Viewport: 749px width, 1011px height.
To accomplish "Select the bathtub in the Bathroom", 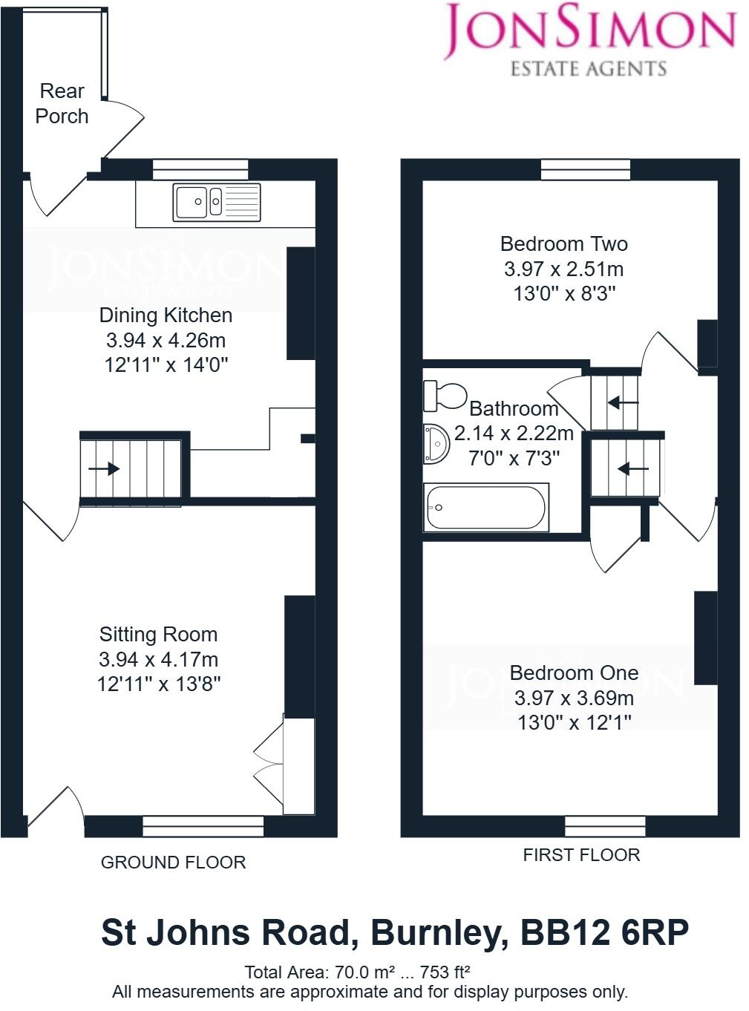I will (x=486, y=508).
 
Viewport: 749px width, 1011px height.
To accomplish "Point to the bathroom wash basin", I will (x=436, y=444).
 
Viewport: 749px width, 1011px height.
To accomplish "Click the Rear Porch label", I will (x=62, y=104).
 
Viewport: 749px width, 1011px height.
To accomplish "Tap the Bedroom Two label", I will (x=563, y=244).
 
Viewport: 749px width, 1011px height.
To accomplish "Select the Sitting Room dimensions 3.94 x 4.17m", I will (x=158, y=659).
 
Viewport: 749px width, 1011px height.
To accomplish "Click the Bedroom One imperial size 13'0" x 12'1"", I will (x=574, y=722).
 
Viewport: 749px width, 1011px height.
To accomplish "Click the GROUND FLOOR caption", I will (x=173, y=863).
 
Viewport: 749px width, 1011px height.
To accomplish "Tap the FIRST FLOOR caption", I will (x=581, y=855).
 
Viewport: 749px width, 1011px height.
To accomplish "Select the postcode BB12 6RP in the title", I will (x=604, y=932).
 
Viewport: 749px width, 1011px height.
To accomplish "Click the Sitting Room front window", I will (x=203, y=826).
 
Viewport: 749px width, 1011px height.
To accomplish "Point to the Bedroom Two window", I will (x=586, y=170).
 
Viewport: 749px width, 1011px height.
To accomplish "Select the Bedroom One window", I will (x=605, y=826).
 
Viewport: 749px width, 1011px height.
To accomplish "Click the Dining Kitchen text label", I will (x=166, y=315).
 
